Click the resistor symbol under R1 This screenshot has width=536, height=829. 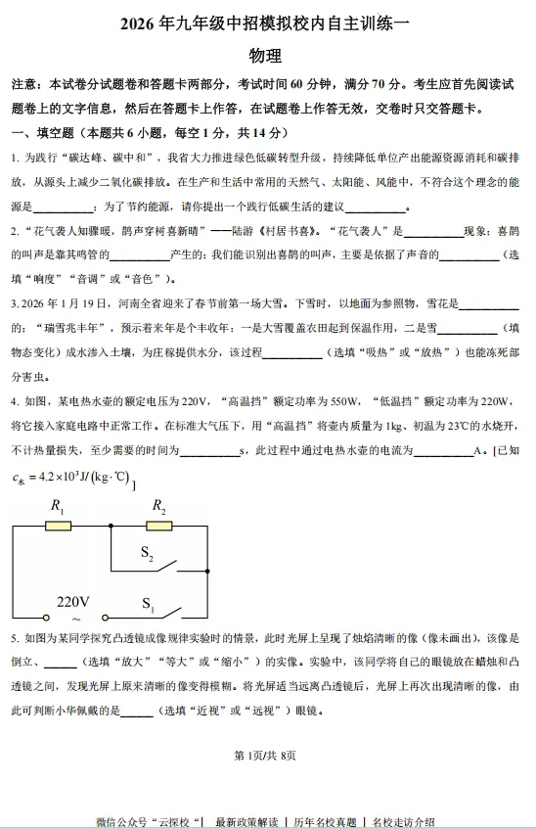[x=60, y=527]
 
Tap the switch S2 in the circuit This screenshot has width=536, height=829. [x=162, y=565]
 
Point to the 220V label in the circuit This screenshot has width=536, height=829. [x=73, y=601]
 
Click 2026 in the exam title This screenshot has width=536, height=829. [x=139, y=23]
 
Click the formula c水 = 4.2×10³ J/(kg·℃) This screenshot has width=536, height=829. [x=71, y=478]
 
